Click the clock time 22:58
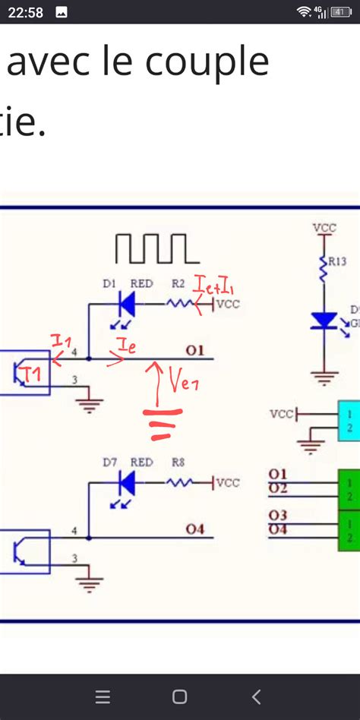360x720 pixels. click(25, 11)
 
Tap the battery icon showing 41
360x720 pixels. click(341, 11)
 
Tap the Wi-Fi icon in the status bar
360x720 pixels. click(305, 11)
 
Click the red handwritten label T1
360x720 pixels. click(33, 373)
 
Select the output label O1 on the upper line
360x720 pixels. click(195, 350)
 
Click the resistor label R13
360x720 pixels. click(337, 262)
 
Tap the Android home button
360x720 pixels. click(180, 696)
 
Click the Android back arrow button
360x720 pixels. click(257, 696)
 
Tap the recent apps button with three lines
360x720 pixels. click(103, 696)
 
